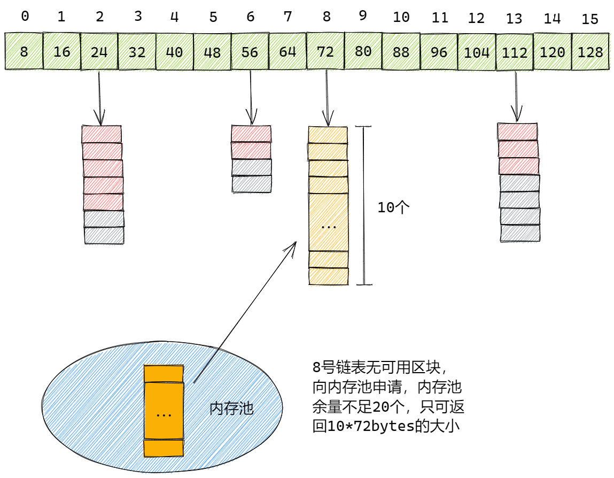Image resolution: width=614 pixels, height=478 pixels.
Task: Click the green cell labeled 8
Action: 24,52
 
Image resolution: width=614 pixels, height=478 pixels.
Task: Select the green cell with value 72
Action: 325,52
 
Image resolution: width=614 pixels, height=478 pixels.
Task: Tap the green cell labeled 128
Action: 590,52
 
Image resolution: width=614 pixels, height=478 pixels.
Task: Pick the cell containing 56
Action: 250,52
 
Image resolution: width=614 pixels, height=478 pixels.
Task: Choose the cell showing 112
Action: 514,52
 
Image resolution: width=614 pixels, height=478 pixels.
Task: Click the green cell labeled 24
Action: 99,52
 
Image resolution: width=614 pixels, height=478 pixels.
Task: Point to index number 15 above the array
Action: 590,20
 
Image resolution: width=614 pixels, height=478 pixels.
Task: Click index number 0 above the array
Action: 25,17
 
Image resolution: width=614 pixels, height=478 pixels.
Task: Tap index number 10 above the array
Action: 401,17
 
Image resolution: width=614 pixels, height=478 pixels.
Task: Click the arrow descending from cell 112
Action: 516,96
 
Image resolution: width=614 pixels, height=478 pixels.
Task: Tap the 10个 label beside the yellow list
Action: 393,207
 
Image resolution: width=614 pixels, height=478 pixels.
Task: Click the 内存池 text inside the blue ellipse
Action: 231,409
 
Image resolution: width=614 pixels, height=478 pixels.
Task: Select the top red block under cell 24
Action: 102,134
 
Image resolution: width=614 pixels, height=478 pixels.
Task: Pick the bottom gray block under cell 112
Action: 520,233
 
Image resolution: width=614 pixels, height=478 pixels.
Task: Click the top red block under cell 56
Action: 251,133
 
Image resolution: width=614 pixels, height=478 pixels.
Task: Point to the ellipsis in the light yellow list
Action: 328,226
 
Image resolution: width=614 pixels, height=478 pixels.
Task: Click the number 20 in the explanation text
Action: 380,407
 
